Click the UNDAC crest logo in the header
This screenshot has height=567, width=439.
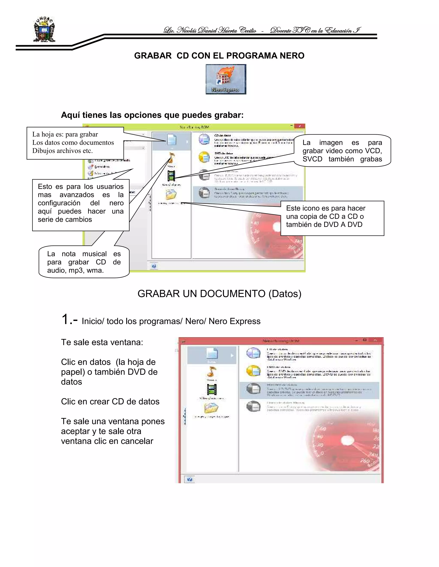[44, 30]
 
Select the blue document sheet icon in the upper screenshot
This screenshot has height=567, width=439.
[171, 140]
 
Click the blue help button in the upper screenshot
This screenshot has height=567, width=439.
[154, 266]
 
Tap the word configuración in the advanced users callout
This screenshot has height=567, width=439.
[59, 203]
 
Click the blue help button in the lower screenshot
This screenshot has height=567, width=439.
[189, 479]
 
